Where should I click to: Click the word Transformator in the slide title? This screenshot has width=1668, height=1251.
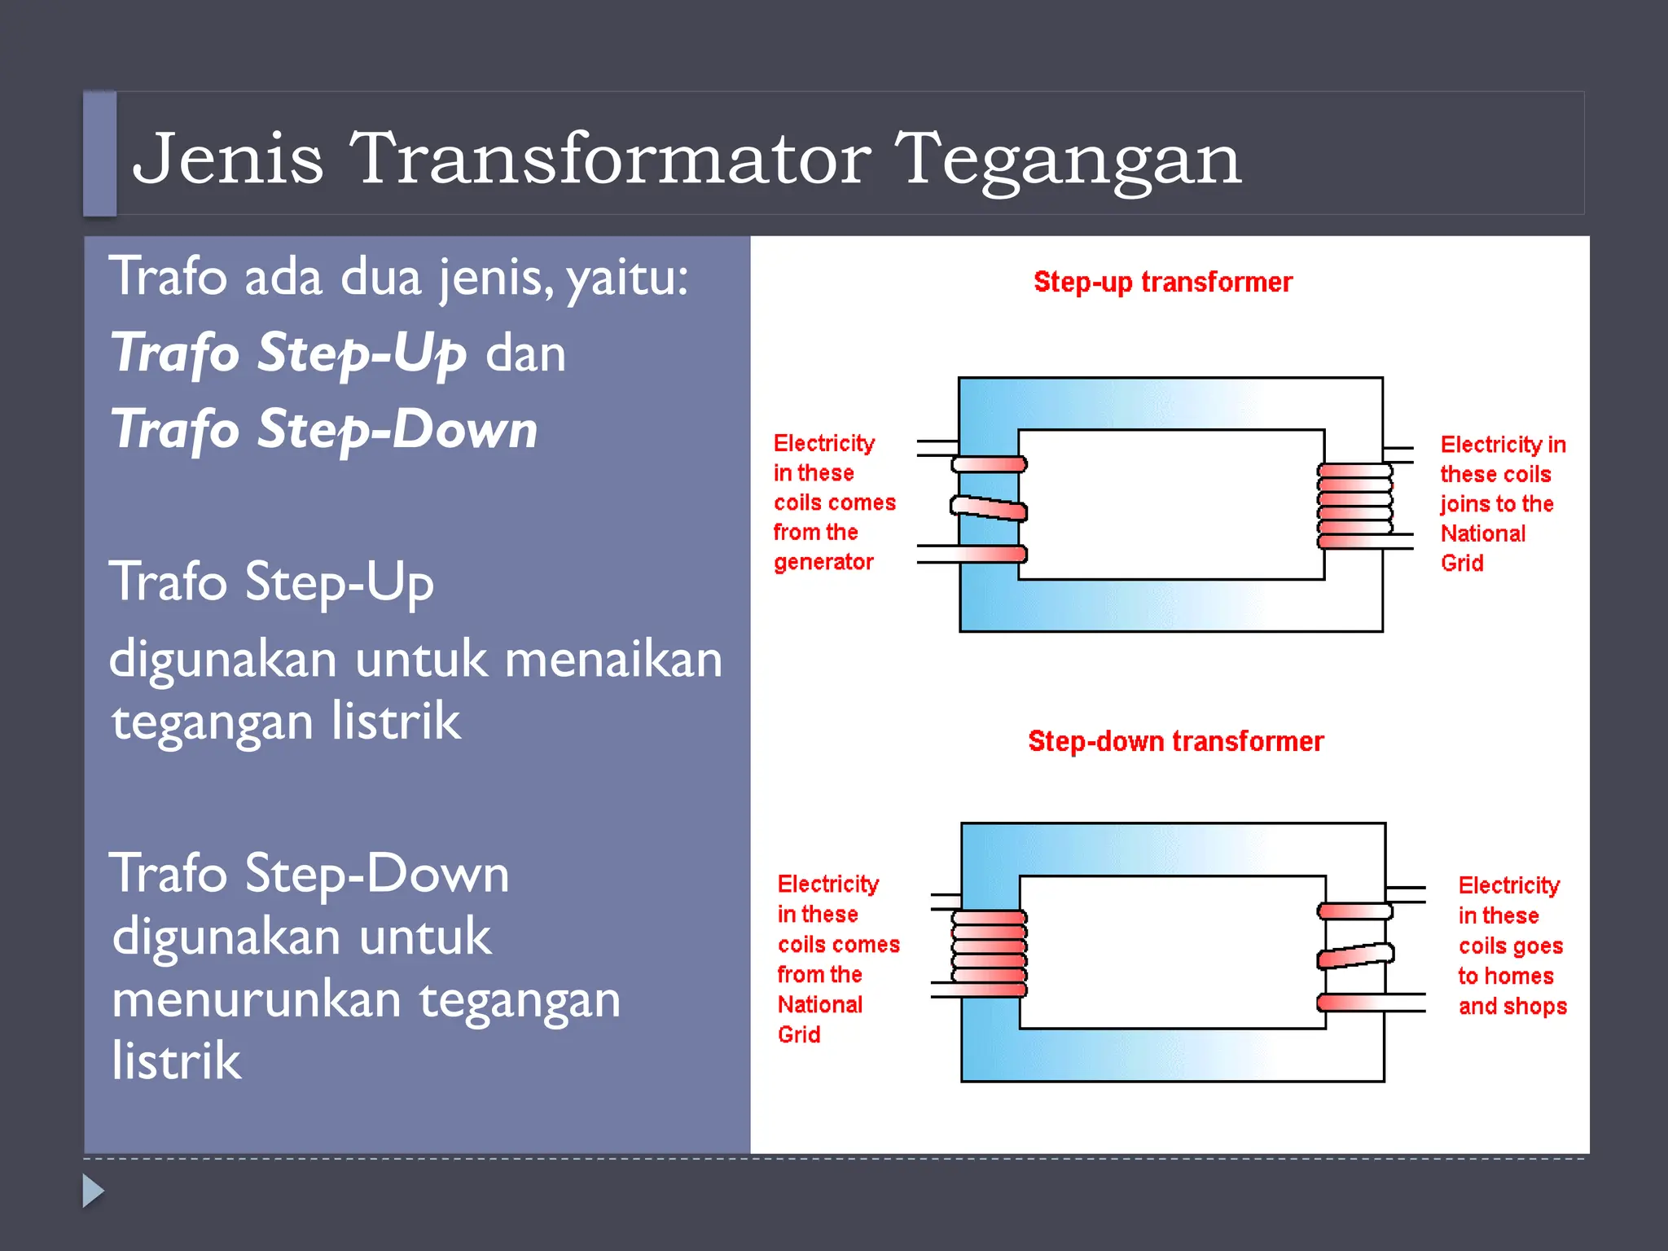(611, 159)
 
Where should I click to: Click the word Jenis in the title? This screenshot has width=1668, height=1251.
(228, 159)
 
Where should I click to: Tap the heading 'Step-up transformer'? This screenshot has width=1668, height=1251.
(1162, 282)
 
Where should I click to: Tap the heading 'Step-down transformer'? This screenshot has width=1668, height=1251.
(1175, 741)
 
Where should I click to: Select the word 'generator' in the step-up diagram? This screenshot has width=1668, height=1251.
(823, 562)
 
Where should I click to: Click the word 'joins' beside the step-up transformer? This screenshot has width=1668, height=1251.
(1463, 504)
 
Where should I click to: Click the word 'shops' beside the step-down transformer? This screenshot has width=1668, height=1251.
(1535, 1006)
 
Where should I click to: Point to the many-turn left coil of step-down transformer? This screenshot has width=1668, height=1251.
(990, 953)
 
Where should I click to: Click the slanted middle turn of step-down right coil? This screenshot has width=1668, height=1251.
(1355, 955)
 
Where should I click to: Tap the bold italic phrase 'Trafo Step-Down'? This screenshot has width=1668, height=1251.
(324, 429)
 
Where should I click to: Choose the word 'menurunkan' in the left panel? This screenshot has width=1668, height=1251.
(257, 999)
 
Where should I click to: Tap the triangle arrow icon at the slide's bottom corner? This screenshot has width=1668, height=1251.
(93, 1191)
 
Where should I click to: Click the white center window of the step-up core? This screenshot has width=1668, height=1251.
(1171, 505)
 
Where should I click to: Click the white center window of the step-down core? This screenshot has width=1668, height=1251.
(1173, 952)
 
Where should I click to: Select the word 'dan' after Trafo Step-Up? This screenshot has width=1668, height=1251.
(525, 353)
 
